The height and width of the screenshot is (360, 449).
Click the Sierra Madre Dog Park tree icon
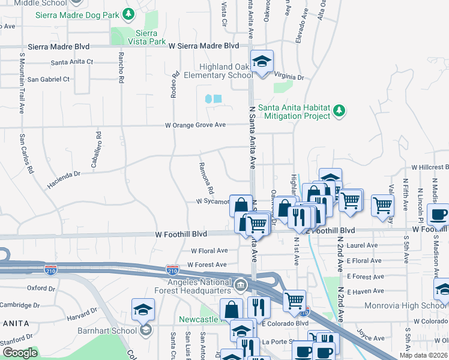(128, 13)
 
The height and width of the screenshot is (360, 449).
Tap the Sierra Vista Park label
(146, 37)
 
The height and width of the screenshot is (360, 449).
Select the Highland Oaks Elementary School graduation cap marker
(262, 62)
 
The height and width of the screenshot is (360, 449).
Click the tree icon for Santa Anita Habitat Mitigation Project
(340, 110)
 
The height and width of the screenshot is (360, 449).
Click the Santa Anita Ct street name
(72, 62)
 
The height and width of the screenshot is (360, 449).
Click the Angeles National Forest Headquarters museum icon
(240, 283)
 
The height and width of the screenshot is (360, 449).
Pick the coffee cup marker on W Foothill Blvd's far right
(438, 215)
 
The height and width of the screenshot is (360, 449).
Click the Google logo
(20, 353)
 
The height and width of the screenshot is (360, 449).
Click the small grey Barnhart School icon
(145, 330)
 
